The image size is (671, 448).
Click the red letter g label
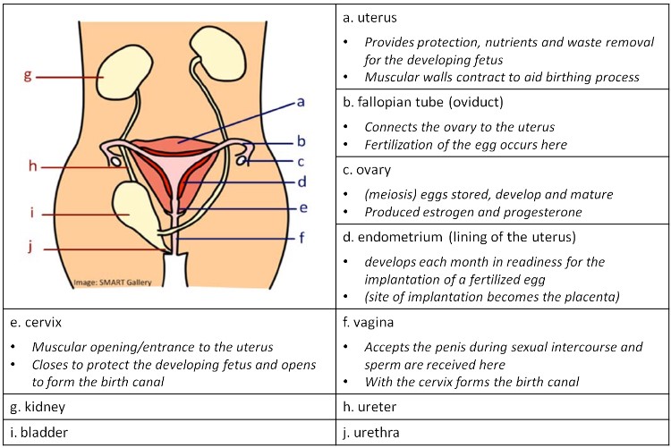point(28,76)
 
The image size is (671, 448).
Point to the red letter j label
point(29,248)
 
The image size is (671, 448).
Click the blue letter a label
point(301,102)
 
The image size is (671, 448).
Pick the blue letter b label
point(302,140)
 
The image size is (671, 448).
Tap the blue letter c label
point(302,163)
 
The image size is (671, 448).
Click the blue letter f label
point(301,238)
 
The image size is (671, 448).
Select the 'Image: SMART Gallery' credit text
point(106,283)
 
